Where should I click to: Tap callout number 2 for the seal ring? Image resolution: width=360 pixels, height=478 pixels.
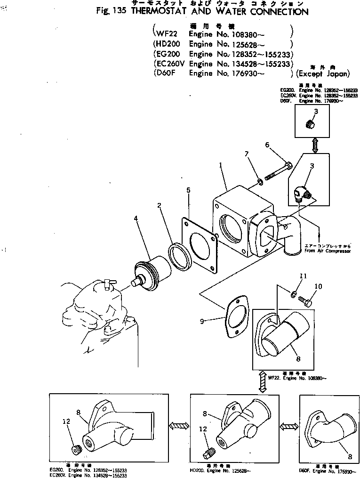point(160,205)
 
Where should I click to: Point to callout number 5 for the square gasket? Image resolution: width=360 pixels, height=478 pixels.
point(188,190)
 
